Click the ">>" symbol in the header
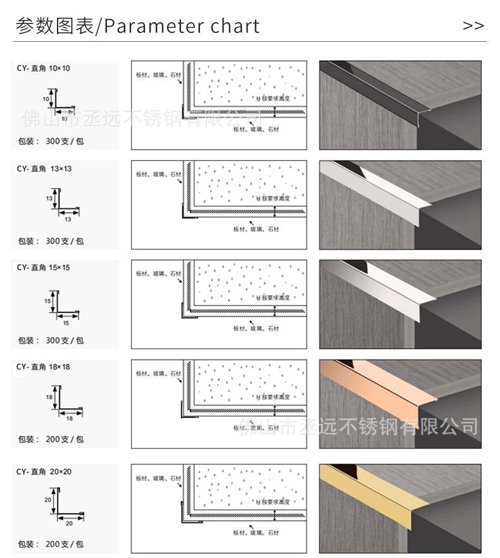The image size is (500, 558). coord(473,26)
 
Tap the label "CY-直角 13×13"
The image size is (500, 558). coord(44,168)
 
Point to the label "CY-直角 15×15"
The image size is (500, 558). coord(44,268)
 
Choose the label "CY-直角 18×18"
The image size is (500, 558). coord(44,367)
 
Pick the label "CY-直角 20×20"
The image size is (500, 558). coord(44,471)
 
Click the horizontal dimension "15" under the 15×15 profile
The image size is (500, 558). coord(66,323)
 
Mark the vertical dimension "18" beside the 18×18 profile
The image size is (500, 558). coord(49,397)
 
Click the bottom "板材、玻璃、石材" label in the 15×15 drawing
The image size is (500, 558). coord(256,328)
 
